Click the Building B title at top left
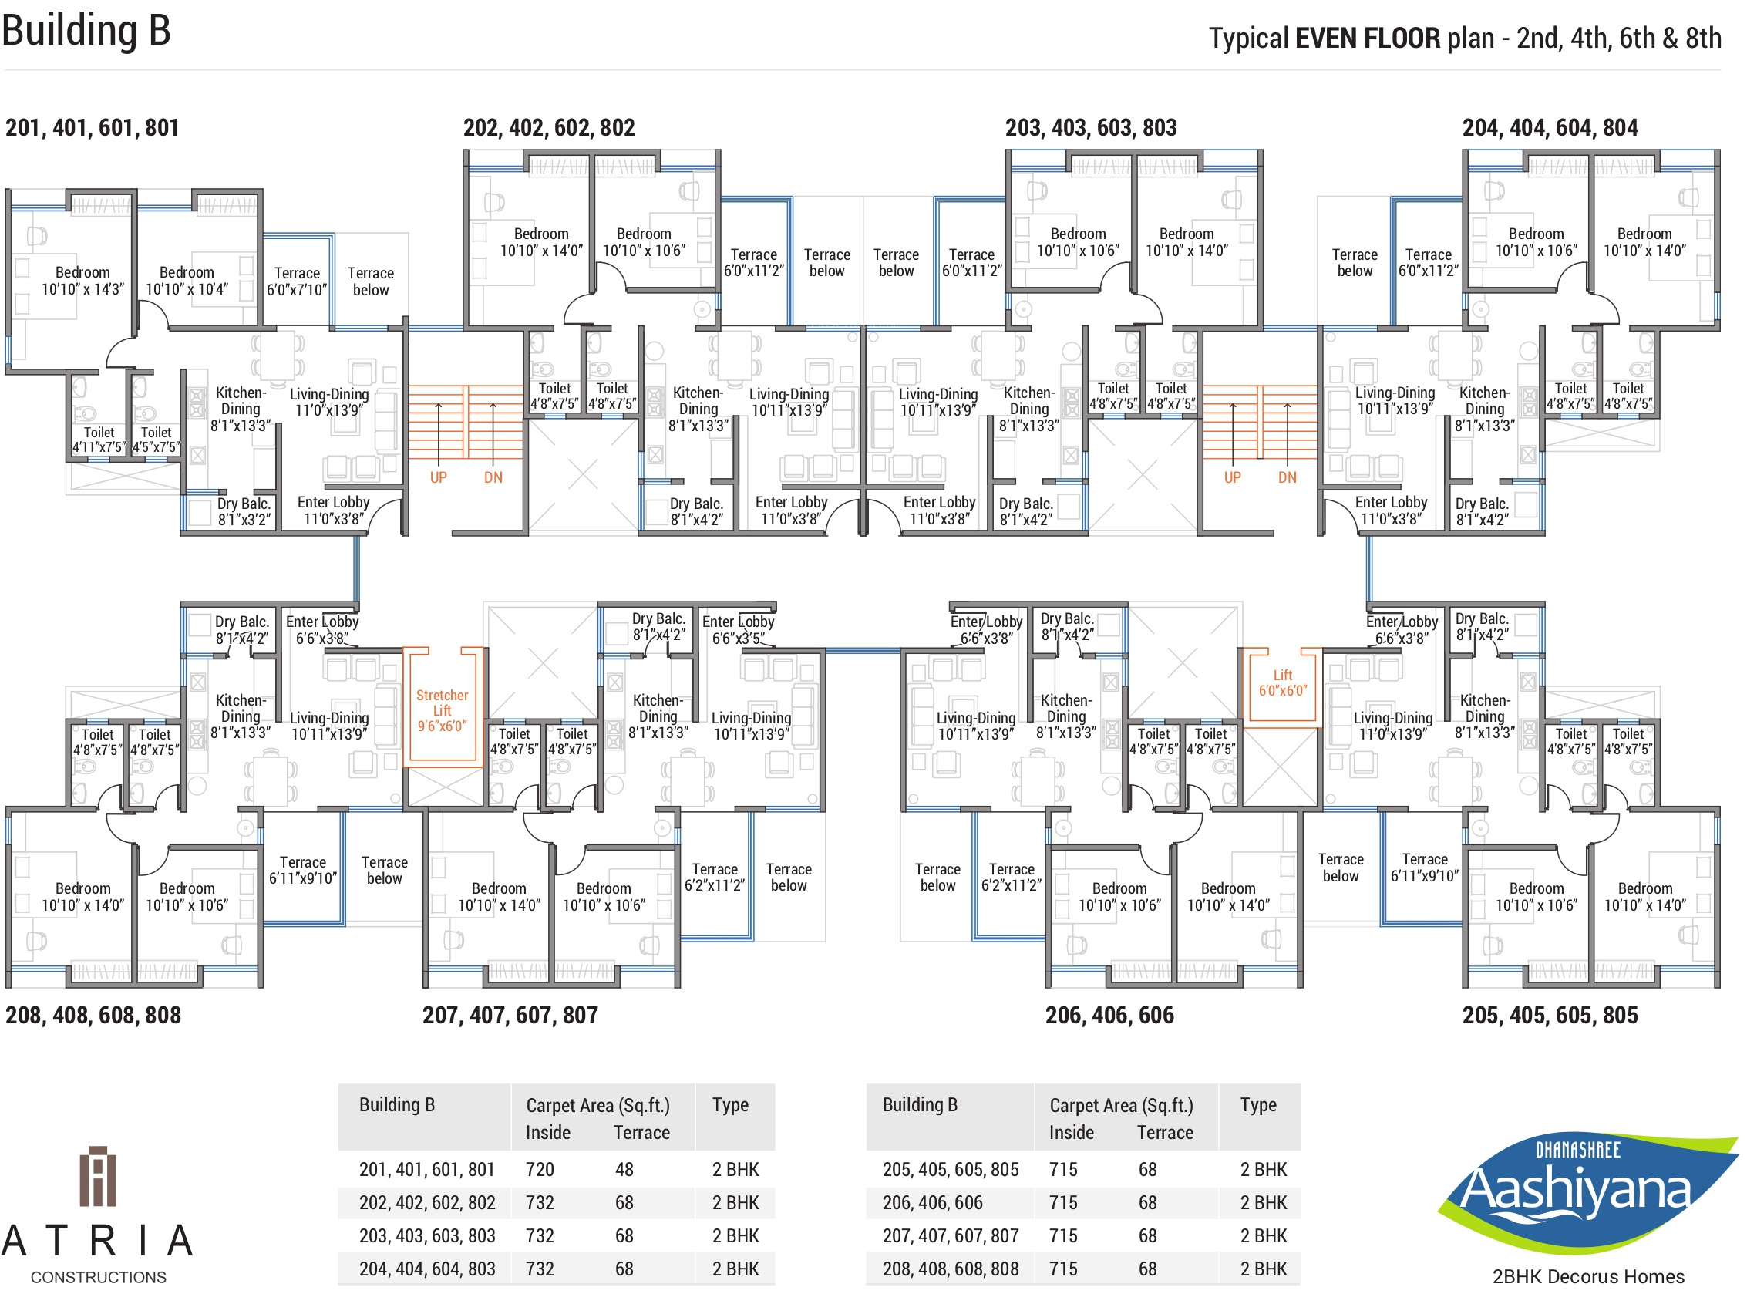(86, 32)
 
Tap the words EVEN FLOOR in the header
(1367, 38)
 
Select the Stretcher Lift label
(442, 710)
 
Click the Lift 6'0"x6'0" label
(1283, 683)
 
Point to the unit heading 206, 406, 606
(1109, 1016)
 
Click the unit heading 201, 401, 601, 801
(93, 128)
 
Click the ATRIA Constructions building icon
(98, 1177)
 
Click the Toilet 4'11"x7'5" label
(99, 440)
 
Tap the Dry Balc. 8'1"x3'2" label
(244, 511)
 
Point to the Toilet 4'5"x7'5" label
(156, 440)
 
